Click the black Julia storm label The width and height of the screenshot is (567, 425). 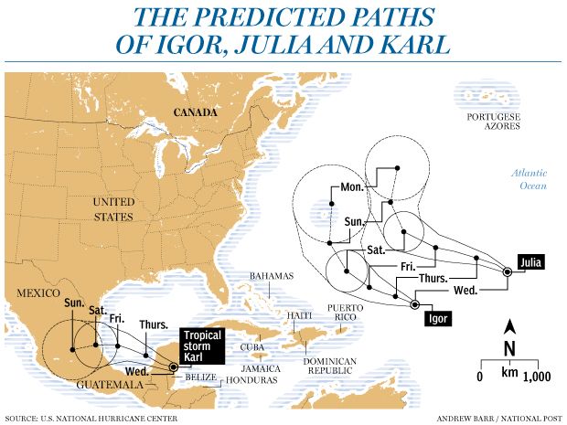[x=530, y=262]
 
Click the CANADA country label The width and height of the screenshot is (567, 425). [x=197, y=112]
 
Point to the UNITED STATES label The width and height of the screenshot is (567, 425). [x=113, y=208]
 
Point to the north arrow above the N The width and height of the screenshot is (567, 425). [x=510, y=326]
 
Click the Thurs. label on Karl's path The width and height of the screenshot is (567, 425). [x=153, y=324]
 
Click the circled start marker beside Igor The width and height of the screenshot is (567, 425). [x=414, y=304]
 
